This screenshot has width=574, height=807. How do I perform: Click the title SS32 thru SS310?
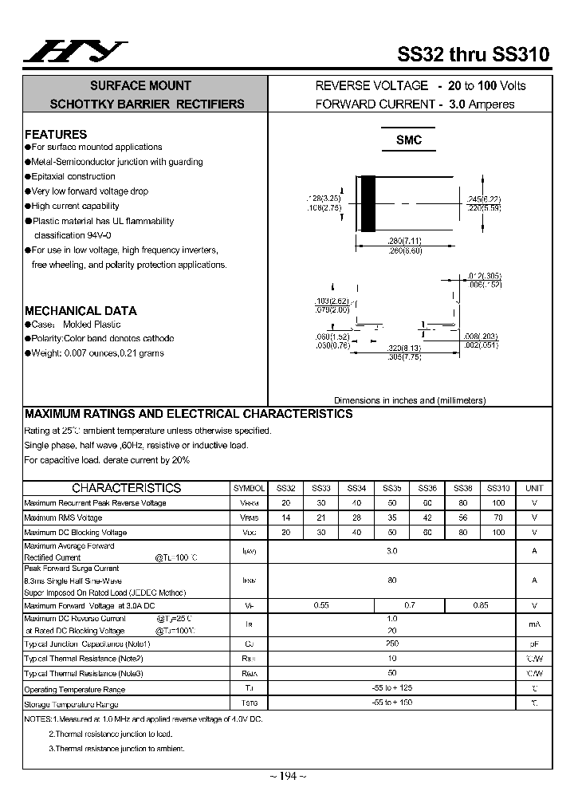point(473,55)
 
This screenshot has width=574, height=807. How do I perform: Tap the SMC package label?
point(408,140)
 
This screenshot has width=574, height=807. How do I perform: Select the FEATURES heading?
point(56,134)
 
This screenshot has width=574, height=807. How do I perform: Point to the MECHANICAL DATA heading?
point(81,310)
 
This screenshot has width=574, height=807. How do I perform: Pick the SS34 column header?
point(356,488)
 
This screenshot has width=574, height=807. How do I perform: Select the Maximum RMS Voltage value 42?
point(427,518)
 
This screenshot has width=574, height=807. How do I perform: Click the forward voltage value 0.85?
point(481,605)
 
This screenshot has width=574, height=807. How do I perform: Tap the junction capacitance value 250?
point(391,644)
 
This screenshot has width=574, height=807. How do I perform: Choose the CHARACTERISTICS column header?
point(126,488)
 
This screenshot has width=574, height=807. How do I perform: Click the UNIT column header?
point(534,488)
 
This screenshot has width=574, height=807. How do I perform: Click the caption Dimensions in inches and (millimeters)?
point(409,400)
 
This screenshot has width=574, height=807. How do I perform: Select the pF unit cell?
point(534,644)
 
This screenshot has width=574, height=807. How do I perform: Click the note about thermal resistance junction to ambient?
point(116,748)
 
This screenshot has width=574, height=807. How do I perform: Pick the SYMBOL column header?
point(250,488)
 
